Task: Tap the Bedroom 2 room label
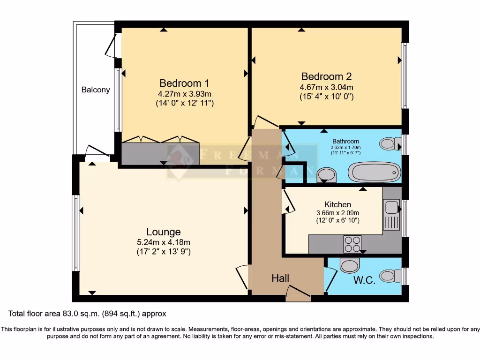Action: [326, 76]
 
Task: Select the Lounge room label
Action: [163, 232]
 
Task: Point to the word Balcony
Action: [96, 90]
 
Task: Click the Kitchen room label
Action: [337, 204]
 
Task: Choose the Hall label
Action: [280, 278]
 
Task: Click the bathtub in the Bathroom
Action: [376, 172]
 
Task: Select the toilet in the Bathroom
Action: [389, 143]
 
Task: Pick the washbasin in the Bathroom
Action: [327, 175]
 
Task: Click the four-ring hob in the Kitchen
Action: [352, 243]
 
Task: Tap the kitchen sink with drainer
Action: [391, 215]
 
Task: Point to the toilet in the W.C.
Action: [390, 276]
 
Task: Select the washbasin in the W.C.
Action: [349, 266]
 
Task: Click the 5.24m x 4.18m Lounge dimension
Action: [163, 242]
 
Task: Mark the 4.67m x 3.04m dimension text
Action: [326, 87]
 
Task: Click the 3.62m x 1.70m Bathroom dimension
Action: [346, 148]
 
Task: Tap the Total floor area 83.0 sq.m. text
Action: [87, 313]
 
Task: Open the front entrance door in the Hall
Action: [298, 294]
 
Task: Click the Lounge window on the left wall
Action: [75, 233]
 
